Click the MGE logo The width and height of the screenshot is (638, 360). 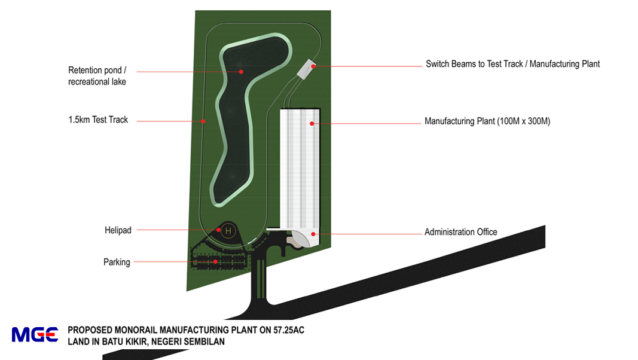click(x=35, y=334)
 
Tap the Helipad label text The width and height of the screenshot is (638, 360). click(x=117, y=230)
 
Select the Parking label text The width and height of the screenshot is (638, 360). click(x=117, y=262)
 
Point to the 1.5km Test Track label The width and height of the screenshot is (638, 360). click(x=98, y=120)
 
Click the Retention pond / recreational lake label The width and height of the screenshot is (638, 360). click(x=97, y=76)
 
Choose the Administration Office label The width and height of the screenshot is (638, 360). click(x=460, y=232)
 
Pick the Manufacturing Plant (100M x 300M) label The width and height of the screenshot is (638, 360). click(x=487, y=121)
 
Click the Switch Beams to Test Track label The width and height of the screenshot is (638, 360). click(x=512, y=64)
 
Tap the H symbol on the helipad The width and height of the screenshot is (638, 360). click(x=228, y=231)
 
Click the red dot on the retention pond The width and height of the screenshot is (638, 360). click(x=242, y=71)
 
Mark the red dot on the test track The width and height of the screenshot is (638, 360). click(x=203, y=121)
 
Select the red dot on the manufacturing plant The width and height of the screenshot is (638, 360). click(x=312, y=123)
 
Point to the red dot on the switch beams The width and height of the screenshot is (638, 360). click(x=313, y=66)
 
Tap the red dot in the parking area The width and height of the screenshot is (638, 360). click(x=216, y=261)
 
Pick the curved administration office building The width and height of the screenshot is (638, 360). click(x=302, y=239)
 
